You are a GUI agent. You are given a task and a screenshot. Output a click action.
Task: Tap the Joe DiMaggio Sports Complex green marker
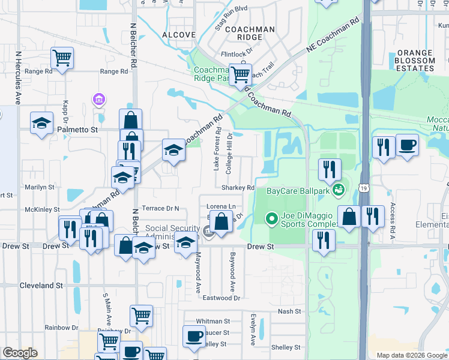[x=271, y=218]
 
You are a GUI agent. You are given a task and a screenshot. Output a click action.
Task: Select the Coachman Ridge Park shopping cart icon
[x=240, y=74]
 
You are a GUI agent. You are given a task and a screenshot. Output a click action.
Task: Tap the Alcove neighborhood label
[x=179, y=35]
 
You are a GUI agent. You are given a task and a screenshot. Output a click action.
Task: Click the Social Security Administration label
[x=172, y=232]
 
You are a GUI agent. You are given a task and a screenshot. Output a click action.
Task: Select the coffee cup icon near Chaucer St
[x=193, y=337]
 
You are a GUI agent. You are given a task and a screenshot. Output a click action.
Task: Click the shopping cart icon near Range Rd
[x=62, y=58]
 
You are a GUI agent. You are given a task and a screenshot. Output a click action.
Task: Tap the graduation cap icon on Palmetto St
[x=41, y=123]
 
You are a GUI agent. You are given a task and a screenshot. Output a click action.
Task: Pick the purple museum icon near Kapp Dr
[x=98, y=99]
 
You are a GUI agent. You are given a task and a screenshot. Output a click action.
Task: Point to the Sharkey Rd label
[x=238, y=188]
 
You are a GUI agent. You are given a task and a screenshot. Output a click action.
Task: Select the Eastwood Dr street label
[x=221, y=298]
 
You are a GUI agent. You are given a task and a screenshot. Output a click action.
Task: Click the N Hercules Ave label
[x=19, y=77]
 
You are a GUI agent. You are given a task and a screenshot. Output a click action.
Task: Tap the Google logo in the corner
[x=20, y=353]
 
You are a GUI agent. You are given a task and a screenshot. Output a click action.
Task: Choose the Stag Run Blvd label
[x=231, y=26]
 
